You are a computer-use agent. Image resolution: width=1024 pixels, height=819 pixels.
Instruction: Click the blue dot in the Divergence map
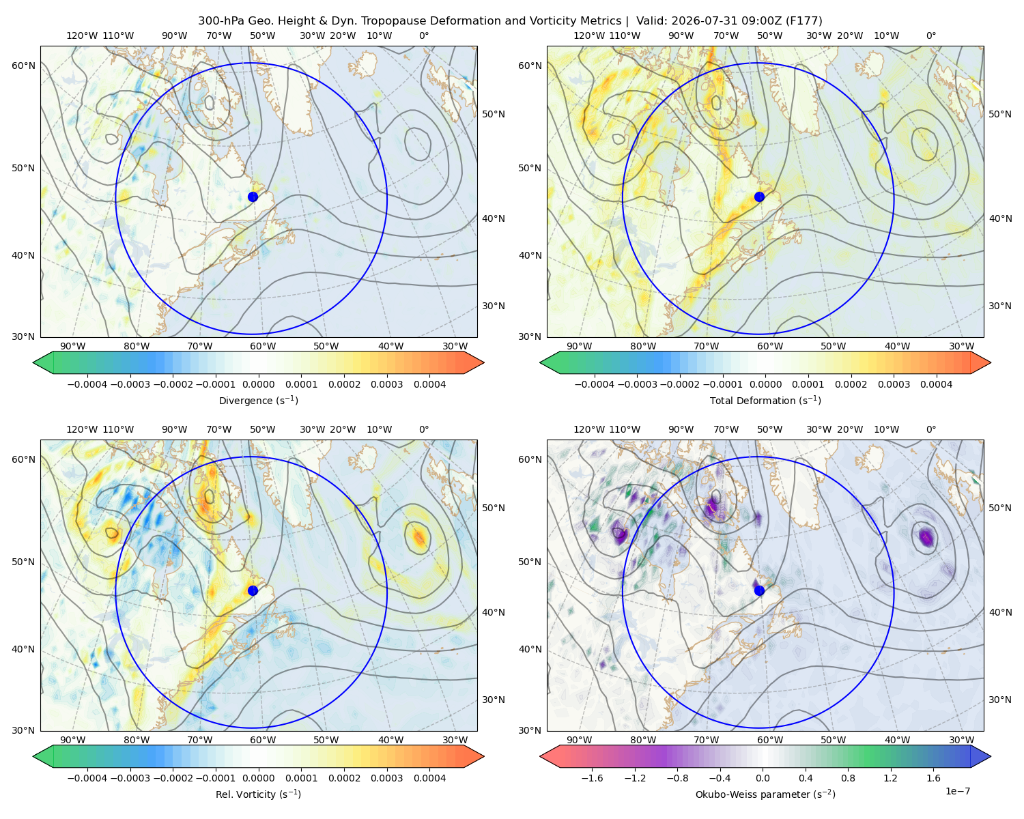(x=253, y=197)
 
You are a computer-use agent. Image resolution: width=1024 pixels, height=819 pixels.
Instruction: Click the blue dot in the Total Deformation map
(x=759, y=197)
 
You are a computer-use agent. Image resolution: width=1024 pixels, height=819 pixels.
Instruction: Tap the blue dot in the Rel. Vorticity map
(x=253, y=590)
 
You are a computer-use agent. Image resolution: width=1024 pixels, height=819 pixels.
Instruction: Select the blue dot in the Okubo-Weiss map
(x=759, y=590)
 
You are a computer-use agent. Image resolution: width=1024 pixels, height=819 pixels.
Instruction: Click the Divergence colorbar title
(x=258, y=400)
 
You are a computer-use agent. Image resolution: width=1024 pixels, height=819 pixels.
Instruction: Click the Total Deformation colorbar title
(x=765, y=400)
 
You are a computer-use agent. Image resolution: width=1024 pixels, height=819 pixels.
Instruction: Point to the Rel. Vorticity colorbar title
(x=258, y=794)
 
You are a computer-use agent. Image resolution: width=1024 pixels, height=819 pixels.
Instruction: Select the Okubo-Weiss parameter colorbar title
(x=765, y=794)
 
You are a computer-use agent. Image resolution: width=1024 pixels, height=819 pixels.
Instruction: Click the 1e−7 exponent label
(x=957, y=791)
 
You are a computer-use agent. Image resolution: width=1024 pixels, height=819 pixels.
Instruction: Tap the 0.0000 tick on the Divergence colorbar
(x=258, y=384)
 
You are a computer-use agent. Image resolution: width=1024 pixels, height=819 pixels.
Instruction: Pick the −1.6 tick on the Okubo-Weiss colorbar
(x=592, y=778)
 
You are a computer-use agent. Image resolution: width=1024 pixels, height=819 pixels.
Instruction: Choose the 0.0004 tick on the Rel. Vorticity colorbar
(x=429, y=778)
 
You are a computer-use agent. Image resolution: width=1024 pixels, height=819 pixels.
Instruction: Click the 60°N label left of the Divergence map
(x=23, y=66)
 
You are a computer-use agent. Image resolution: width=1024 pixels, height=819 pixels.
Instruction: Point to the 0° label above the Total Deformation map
(x=930, y=35)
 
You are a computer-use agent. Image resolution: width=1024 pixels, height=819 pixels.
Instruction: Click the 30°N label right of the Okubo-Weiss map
(x=1000, y=700)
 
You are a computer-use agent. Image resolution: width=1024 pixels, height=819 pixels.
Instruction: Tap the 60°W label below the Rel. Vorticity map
(x=263, y=740)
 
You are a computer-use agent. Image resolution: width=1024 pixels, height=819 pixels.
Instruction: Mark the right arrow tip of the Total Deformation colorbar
(x=991, y=362)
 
